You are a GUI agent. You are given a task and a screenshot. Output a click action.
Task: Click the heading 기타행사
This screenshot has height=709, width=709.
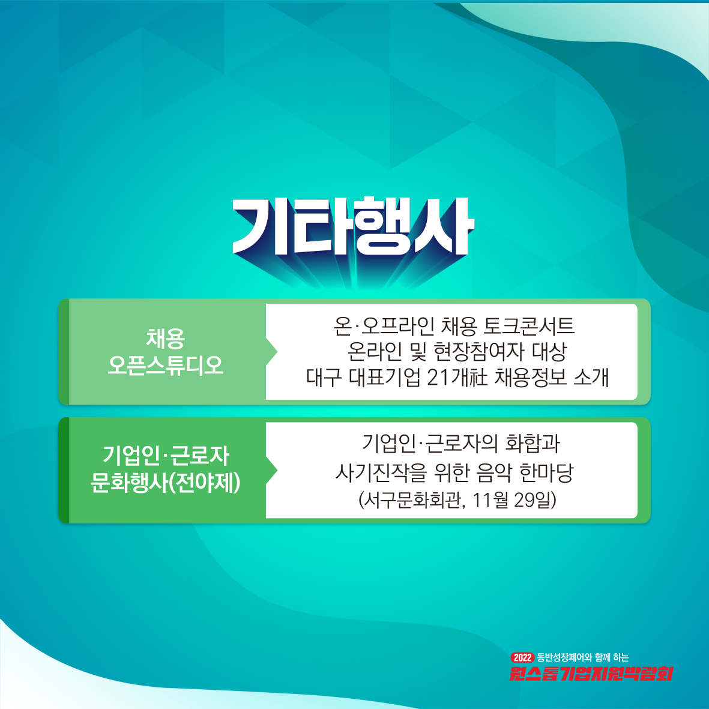pos(352,227)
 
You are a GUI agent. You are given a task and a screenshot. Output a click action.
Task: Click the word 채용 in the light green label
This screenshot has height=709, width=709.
pos(166,338)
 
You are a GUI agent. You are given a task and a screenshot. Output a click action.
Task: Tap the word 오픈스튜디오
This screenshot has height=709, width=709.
pos(166,365)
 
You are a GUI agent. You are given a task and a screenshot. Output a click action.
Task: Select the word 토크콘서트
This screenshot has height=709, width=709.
pos(529,325)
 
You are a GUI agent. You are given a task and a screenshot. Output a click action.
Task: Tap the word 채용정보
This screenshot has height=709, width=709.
pos(531,377)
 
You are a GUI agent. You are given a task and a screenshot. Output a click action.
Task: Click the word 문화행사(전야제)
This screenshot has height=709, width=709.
pos(166,483)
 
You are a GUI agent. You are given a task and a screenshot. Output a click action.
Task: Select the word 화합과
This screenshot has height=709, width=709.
pos(533,443)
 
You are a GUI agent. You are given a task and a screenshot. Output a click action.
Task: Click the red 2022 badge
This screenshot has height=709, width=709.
pos(522,657)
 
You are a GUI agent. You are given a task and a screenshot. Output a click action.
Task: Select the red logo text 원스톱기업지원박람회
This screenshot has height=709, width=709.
pos(591,673)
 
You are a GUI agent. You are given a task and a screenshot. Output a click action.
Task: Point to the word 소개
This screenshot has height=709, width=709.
pos(591,377)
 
